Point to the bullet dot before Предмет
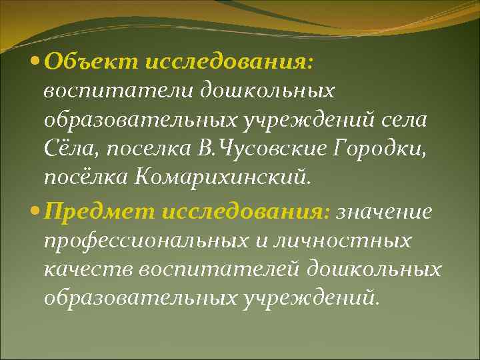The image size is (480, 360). point(36,212)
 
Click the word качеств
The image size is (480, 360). point(85,270)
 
